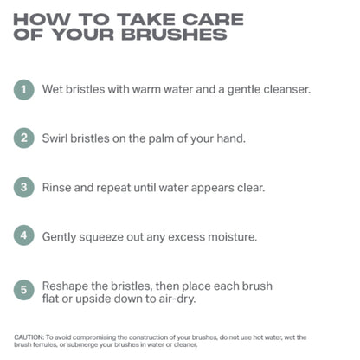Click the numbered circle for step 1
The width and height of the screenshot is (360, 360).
(24, 90)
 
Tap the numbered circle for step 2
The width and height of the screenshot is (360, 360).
(24, 138)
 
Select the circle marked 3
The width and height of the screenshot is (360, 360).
(24, 187)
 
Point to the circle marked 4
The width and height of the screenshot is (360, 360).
(24, 235)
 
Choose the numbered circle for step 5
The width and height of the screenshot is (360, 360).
(24, 290)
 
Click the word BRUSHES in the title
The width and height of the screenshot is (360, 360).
(174, 35)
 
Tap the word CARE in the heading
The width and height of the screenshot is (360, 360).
(213, 19)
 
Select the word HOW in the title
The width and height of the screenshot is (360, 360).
(42, 19)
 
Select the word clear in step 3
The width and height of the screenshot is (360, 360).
(251, 188)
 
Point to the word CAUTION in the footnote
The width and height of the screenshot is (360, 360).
(29, 337)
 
